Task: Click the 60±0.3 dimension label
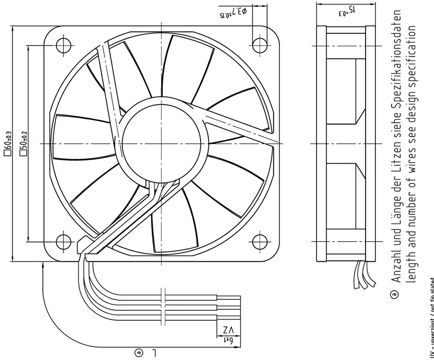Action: click(7, 143)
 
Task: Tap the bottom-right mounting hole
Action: click(260, 239)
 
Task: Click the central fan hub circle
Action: click(161, 143)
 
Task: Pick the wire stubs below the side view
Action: click(364, 274)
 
